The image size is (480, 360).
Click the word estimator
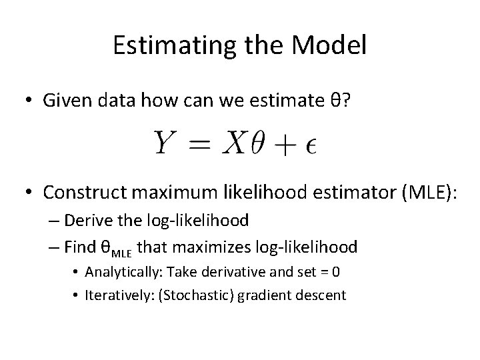[x=355, y=193]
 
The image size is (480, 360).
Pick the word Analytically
[x=124, y=273]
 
